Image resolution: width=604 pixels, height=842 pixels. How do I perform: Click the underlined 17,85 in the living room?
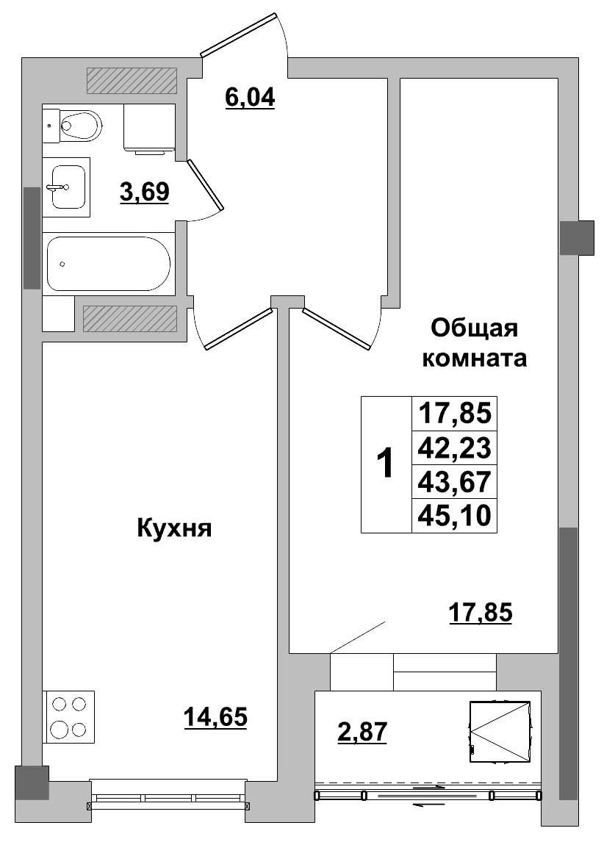click(480, 611)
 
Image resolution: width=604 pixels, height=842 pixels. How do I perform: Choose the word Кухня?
click(174, 528)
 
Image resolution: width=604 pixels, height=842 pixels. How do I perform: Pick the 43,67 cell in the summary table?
click(453, 482)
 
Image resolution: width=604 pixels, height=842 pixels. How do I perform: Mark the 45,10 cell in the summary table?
click(453, 515)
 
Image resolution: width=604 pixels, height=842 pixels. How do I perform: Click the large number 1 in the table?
click(384, 464)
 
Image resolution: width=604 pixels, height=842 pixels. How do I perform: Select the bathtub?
click(109, 264)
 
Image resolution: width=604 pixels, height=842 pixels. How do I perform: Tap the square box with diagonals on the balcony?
click(500, 732)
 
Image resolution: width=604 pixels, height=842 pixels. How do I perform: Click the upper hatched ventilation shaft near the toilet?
click(132, 81)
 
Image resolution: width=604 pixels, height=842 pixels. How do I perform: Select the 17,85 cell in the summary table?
click(453, 414)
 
